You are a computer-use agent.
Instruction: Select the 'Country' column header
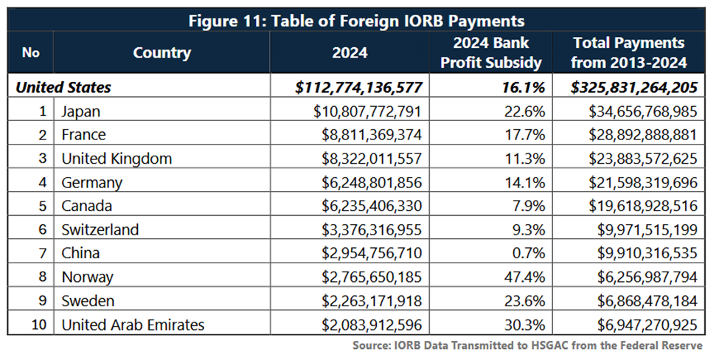161,52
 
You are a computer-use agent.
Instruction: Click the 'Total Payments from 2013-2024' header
629,52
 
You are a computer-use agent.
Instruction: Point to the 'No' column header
30,52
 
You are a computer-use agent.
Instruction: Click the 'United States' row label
64,88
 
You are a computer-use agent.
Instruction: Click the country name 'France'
83,135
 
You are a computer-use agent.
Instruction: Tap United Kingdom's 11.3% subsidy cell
525,159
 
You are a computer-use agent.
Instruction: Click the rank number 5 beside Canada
43,206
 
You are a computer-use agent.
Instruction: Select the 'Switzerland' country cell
100,229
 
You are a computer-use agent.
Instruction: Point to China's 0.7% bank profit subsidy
529,253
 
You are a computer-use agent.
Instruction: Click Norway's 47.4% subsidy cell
525,277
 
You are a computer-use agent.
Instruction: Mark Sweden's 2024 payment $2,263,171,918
367,300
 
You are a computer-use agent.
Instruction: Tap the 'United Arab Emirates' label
133,324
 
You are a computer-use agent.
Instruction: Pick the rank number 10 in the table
39,324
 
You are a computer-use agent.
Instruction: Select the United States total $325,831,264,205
634,88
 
